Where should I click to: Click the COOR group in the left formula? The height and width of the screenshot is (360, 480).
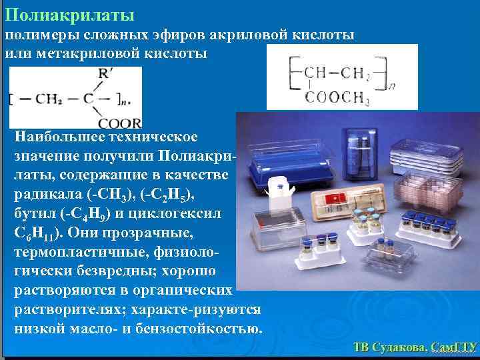pos(119,123)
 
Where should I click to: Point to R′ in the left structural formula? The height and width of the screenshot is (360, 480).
pos(103,75)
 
